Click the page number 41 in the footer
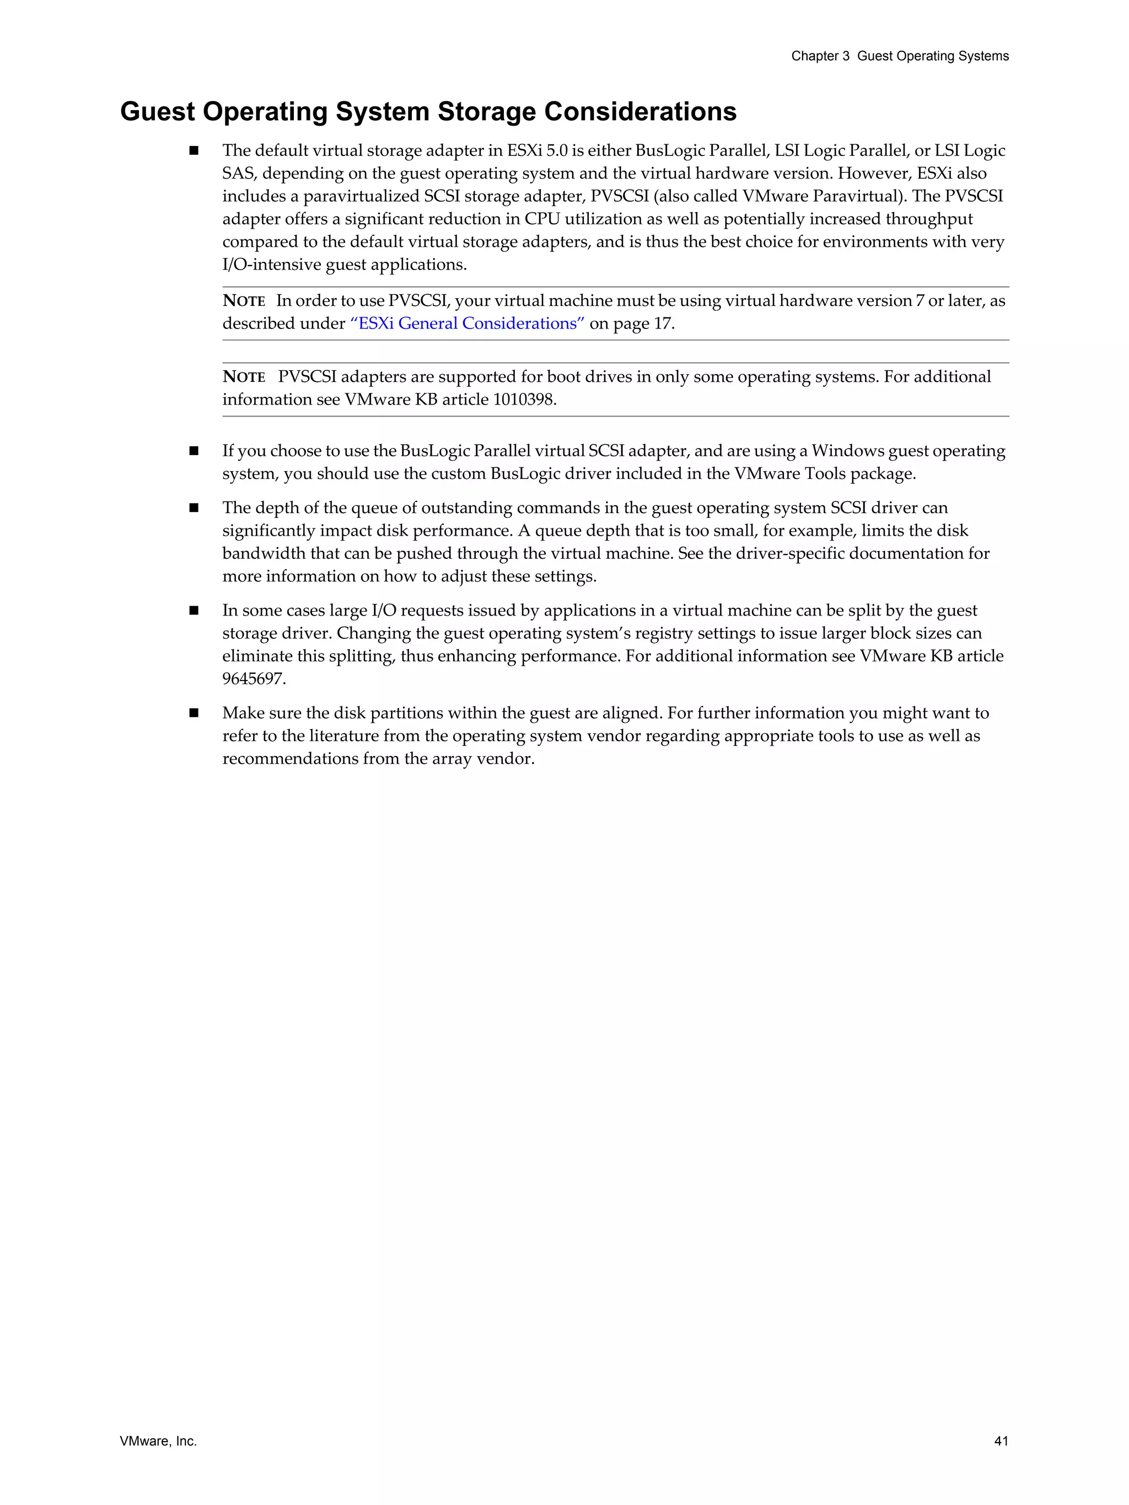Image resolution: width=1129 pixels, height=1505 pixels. (x=1001, y=1441)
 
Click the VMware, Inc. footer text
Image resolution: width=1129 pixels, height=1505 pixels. (x=158, y=1441)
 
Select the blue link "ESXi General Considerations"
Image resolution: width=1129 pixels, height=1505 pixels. (x=467, y=323)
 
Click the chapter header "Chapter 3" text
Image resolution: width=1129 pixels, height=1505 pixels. (x=820, y=56)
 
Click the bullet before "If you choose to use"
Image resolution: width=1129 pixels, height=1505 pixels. (x=194, y=451)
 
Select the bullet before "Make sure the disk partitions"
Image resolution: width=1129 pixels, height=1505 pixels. (x=194, y=713)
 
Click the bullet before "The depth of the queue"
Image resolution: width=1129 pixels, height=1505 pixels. (x=194, y=508)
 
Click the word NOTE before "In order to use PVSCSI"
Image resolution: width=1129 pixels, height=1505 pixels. (x=244, y=301)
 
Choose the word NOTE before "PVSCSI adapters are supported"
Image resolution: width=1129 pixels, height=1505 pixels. (x=244, y=377)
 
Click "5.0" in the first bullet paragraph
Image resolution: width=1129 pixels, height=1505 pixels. (x=557, y=150)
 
